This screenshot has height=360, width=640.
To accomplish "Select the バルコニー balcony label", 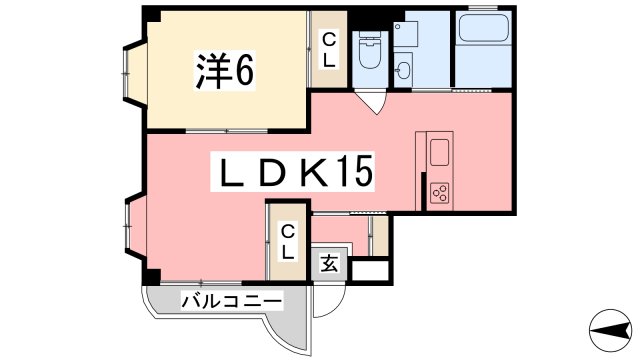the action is point(231,299).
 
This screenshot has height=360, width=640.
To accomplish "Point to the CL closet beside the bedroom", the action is point(327,50).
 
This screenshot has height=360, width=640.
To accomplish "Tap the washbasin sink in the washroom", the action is point(405,68).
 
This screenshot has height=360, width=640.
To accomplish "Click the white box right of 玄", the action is point(367,267).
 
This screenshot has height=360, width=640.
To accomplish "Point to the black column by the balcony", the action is point(151,275).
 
